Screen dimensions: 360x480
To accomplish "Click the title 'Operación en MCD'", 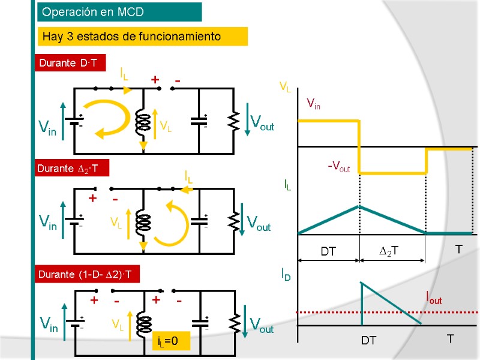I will coord(119,12).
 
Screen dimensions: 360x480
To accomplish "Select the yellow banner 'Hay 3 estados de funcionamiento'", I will coord(143,37).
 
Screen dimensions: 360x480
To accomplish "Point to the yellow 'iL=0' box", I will coord(172,342).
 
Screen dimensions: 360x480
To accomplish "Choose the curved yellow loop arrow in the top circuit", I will coord(111,121).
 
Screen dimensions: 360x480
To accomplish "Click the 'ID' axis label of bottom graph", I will coord(286,275).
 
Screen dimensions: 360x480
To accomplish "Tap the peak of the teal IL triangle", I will coord(359,206).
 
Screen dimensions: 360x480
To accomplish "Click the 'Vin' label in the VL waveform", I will coord(313,104).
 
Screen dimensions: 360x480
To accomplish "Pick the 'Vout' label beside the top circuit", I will coord(262,124).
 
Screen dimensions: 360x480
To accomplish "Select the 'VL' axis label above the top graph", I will coord(285,88).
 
